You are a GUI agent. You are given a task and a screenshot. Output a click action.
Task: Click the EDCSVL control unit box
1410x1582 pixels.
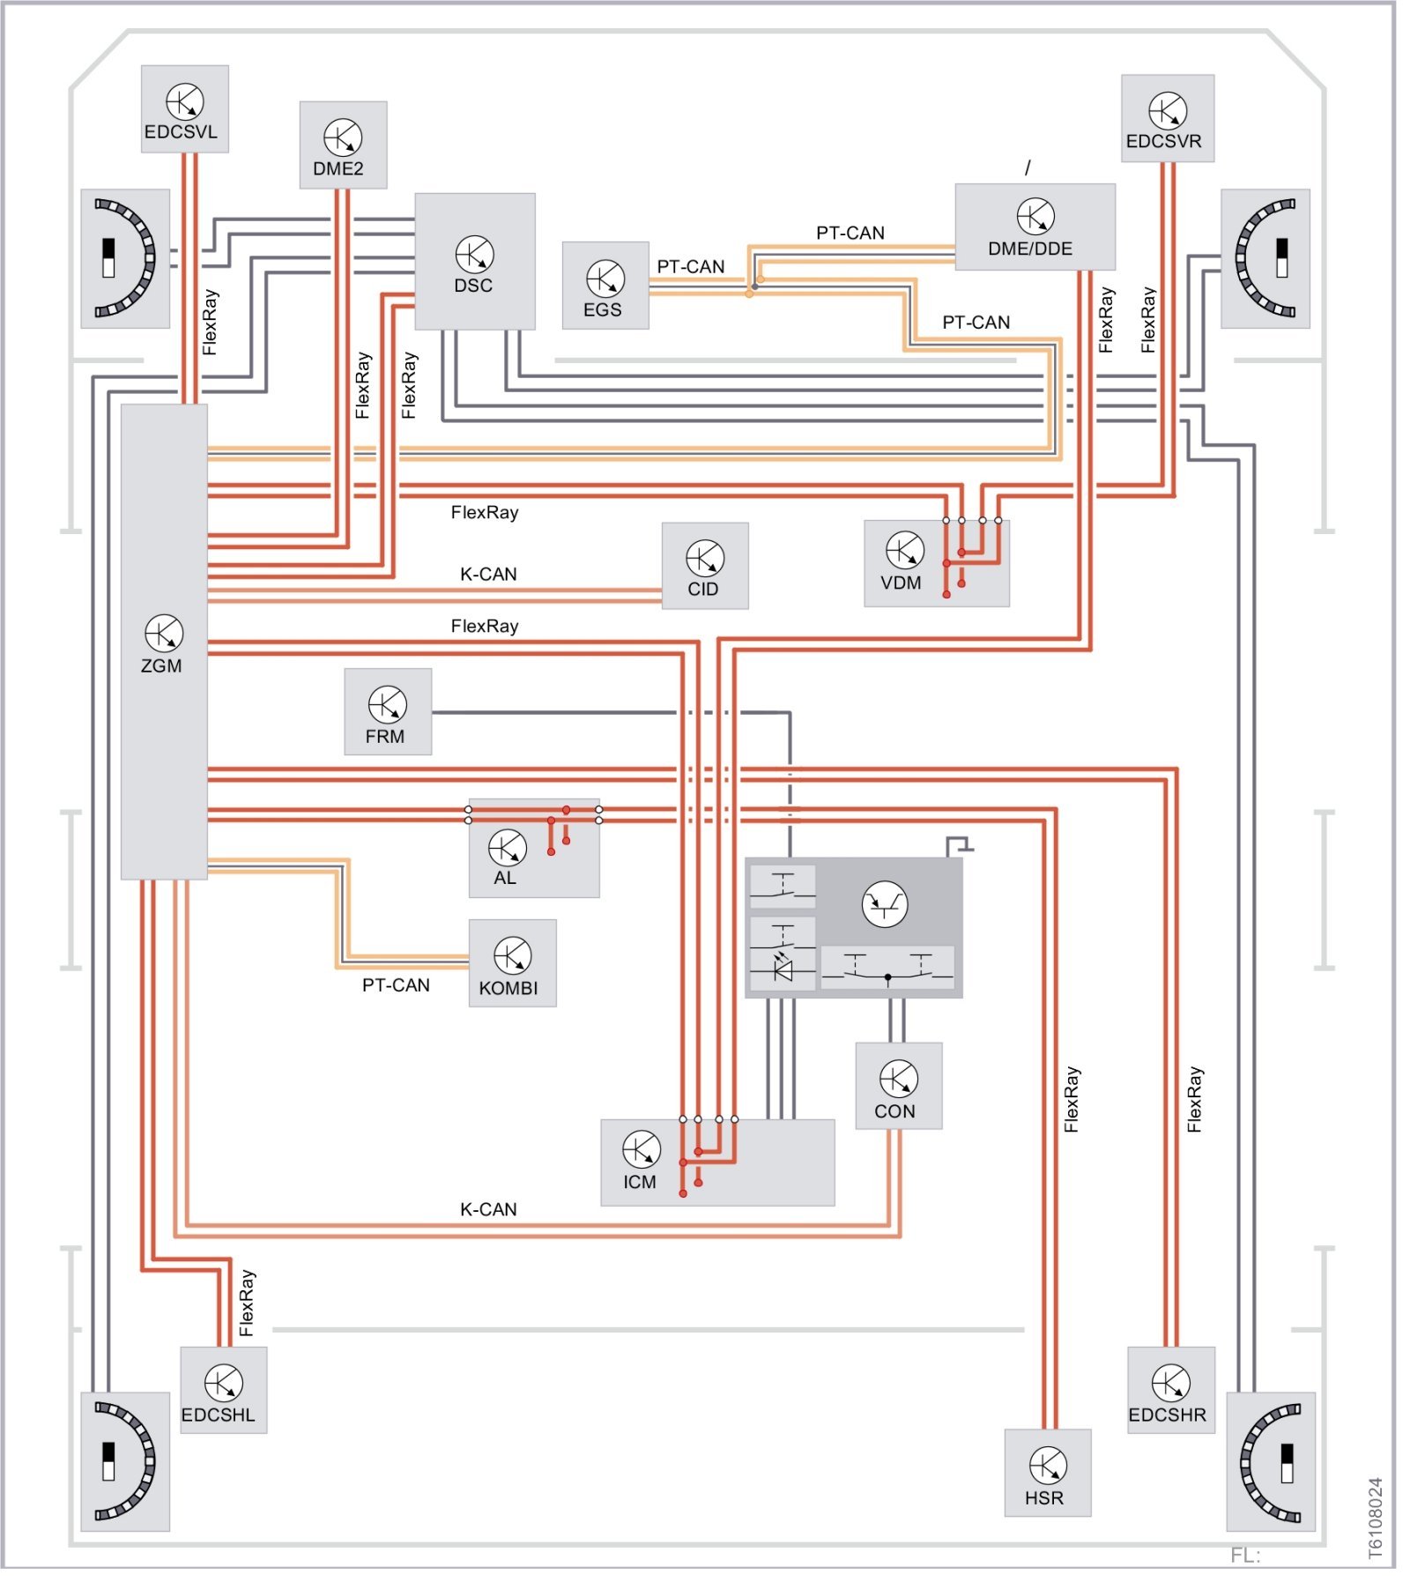[184, 108]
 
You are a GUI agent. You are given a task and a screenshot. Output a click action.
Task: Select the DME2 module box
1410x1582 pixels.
[343, 145]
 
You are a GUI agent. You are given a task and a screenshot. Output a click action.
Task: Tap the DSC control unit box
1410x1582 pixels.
[474, 261]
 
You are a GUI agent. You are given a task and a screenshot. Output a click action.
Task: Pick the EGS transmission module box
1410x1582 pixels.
[605, 285]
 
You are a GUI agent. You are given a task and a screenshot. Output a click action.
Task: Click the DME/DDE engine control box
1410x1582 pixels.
[1035, 227]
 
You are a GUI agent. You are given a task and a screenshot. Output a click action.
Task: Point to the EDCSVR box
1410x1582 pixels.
[1167, 118]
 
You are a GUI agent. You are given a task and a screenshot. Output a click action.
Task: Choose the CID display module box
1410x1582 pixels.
[705, 565]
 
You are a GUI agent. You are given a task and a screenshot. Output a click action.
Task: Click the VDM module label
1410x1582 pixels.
[901, 583]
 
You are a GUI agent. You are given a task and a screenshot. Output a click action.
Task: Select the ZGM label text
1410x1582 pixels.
[161, 665]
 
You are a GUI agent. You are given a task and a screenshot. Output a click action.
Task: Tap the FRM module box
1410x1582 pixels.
[388, 711]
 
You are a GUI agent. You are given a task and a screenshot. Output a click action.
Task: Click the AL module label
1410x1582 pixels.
[505, 878]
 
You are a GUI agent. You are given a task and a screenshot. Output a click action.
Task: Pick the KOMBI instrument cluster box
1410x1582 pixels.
[512, 962]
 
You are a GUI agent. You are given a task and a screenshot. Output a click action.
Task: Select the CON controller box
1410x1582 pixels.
[898, 1085]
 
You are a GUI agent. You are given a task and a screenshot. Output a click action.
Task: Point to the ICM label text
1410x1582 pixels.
[640, 1182]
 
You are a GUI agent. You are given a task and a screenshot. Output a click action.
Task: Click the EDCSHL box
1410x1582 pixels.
[223, 1389]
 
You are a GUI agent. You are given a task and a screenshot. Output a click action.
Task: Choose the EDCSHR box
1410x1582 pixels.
[1170, 1389]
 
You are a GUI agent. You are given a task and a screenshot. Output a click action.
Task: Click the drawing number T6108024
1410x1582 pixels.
[1376, 1518]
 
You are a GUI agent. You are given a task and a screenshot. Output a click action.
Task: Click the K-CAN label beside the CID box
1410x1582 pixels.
[488, 574]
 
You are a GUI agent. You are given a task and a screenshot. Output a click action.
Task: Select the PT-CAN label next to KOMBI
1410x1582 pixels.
[396, 984]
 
